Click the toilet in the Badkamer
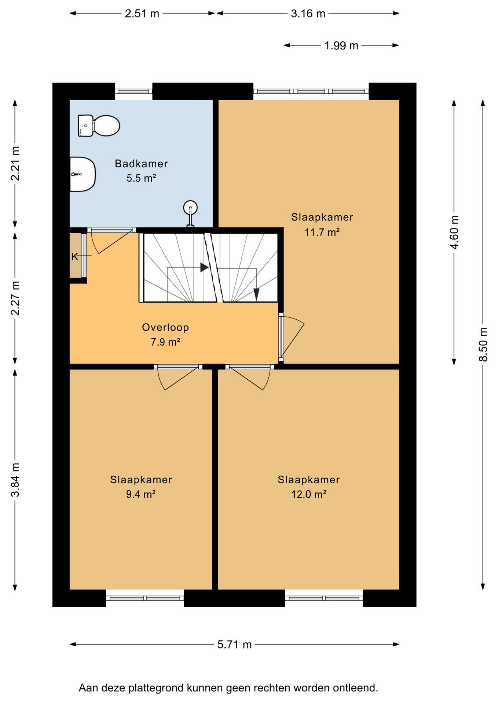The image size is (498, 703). point(99,126)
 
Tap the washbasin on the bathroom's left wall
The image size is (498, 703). point(83,174)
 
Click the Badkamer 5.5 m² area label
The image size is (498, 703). point(141,171)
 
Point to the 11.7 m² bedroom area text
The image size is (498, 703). point(322,232)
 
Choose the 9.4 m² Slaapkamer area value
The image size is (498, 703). point(141,494)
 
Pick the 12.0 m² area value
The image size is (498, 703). point(309,494)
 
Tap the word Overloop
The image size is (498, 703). point(165,327)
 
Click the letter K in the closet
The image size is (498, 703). point(75,257)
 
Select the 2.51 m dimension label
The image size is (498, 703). point(142,14)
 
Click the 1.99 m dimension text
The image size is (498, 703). point(341,45)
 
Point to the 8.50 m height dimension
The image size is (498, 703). point(483,345)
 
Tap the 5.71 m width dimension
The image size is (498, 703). point(234,644)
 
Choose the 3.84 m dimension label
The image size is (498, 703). point(15,479)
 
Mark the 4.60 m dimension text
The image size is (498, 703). point(454,232)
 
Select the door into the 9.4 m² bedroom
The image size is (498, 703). point(178,377)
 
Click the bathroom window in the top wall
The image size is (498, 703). point(133,92)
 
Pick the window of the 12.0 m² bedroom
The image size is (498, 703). point(324,598)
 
